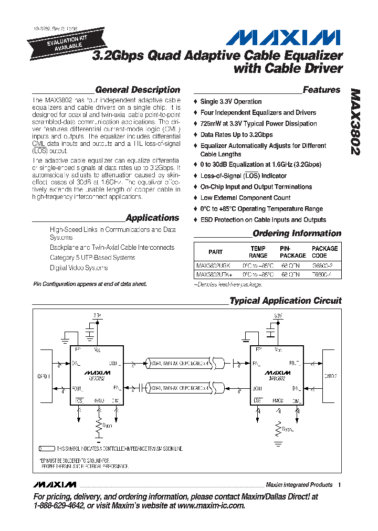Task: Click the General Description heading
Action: point(138,90)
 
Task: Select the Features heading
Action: point(321,90)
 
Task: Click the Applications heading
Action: point(152,218)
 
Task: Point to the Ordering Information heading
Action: point(297,233)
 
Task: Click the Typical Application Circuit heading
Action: point(285,301)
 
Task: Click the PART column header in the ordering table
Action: point(215,252)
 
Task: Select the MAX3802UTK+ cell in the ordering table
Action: point(213,274)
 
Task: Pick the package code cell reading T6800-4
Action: point(322,274)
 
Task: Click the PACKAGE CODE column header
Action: point(324,252)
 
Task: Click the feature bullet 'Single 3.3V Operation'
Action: point(230,101)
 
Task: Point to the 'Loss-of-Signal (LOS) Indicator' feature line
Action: point(243,176)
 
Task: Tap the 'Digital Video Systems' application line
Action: point(79,268)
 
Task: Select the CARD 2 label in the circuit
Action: point(330,376)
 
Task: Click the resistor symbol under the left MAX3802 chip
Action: point(98,426)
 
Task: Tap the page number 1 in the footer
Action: point(340,485)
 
